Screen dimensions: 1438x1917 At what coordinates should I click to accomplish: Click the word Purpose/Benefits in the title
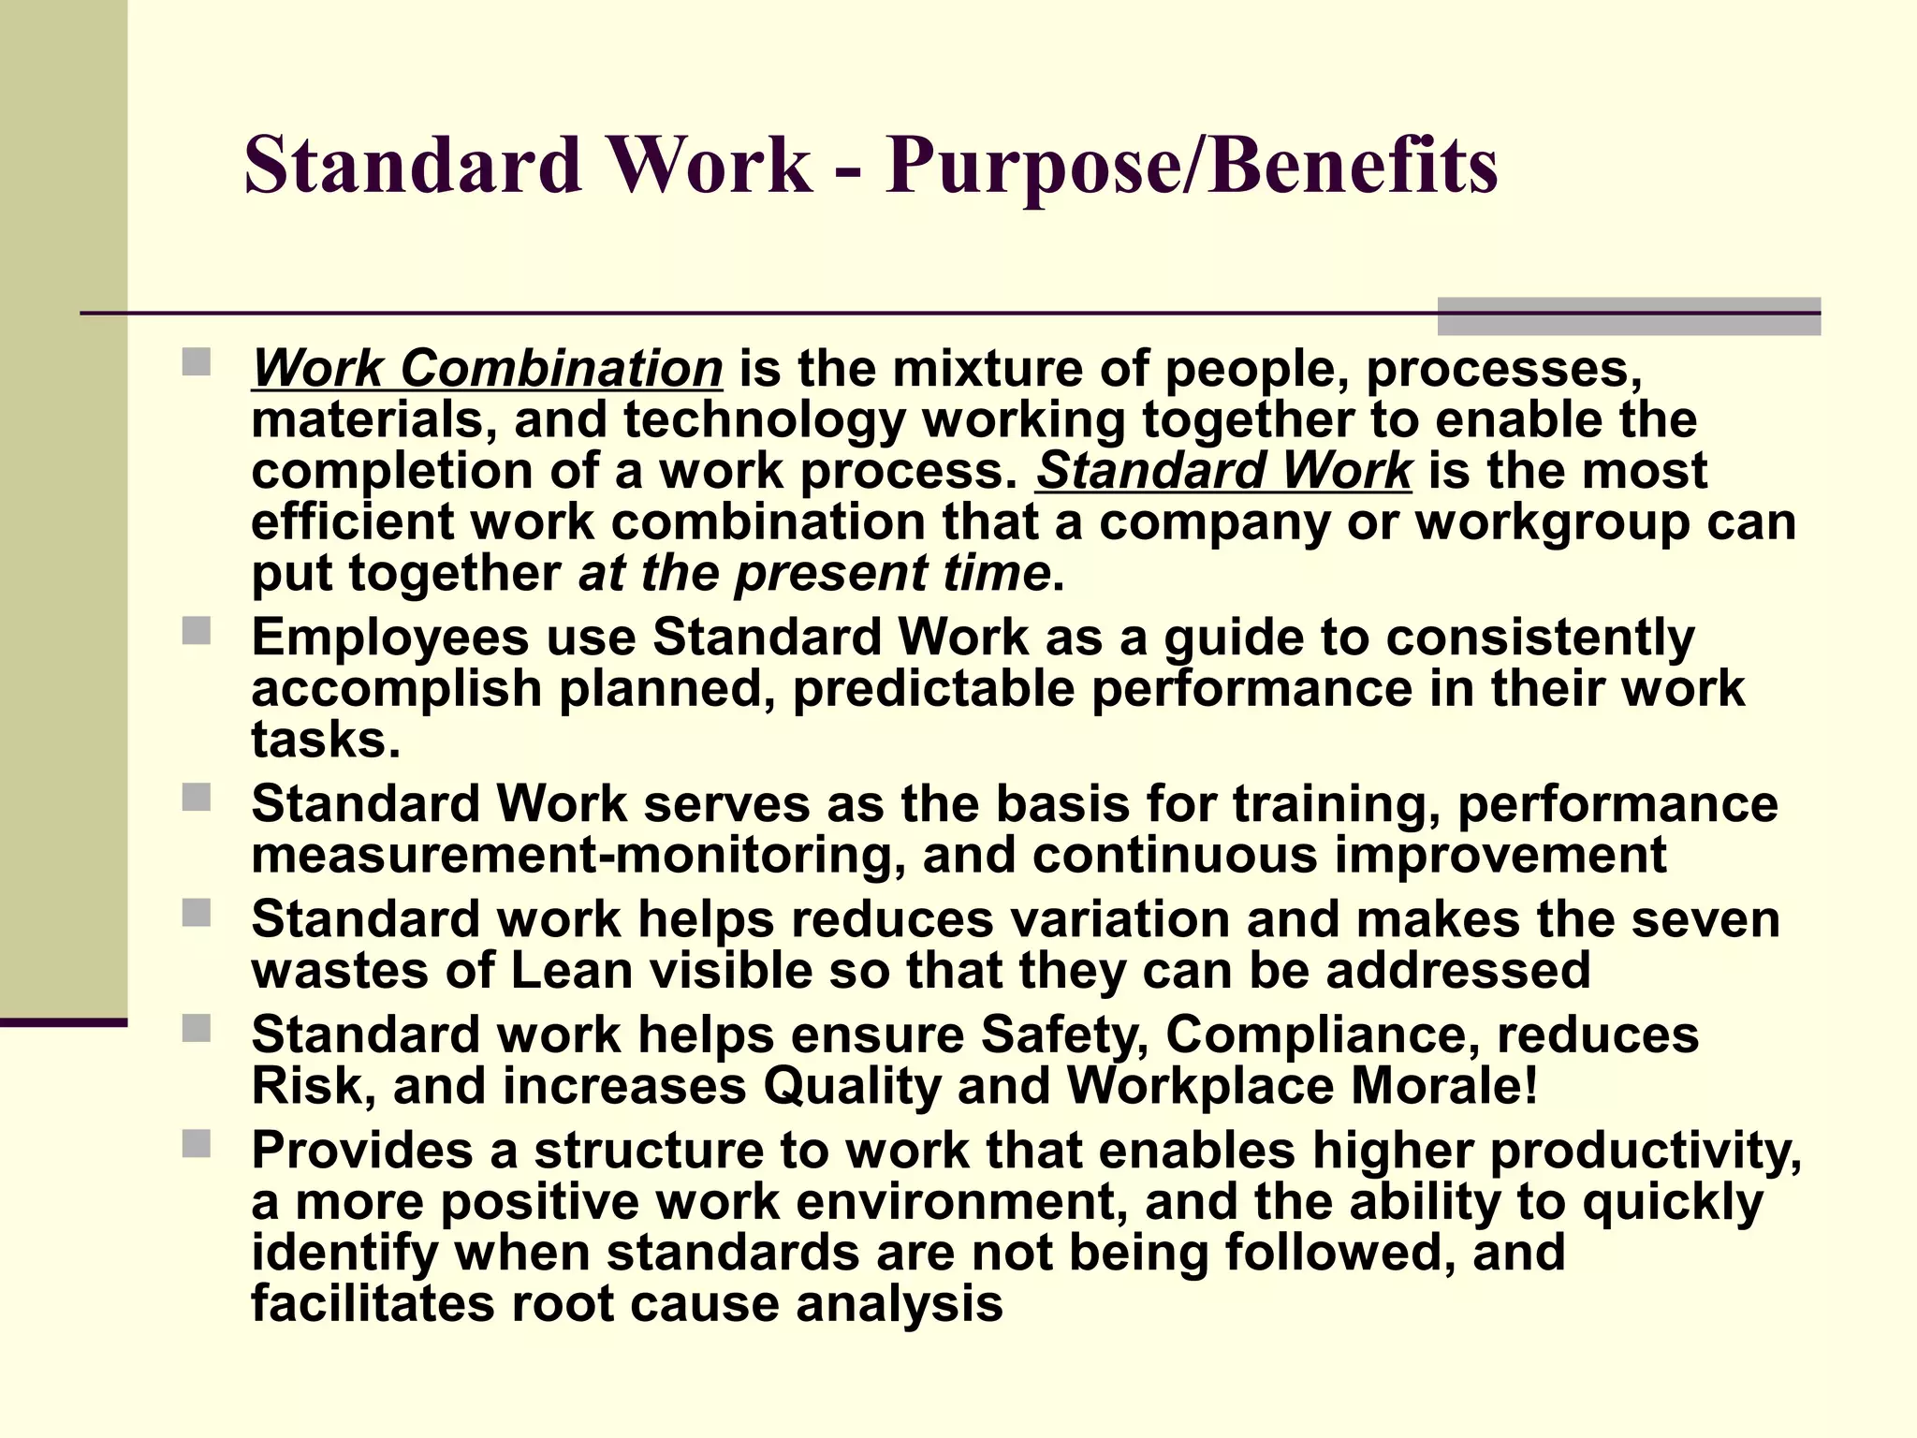[1191, 166]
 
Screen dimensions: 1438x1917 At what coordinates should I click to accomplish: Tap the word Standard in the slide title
[413, 166]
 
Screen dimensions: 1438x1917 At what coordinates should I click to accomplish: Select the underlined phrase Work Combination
[487, 368]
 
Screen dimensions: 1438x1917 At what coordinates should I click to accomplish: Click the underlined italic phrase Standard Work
[1223, 470]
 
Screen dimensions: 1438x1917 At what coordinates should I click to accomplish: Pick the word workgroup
[1552, 521]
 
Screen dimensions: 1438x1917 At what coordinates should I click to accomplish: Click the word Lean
[572, 970]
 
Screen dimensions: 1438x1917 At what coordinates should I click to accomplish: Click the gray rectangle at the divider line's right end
[1628, 316]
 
